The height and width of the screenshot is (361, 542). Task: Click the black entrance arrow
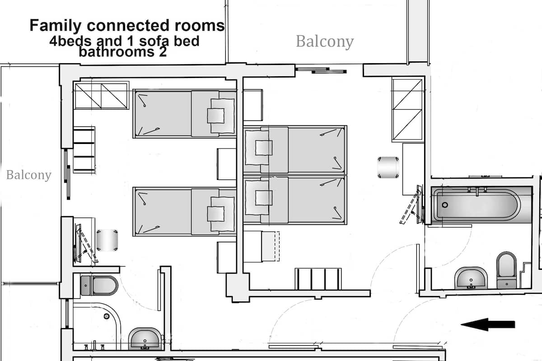pyautogui.click(x=487, y=324)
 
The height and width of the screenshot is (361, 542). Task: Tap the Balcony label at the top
pyautogui.click(x=325, y=42)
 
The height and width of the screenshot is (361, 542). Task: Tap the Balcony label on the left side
pyautogui.click(x=29, y=175)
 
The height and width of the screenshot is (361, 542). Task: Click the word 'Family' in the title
pyautogui.click(x=56, y=25)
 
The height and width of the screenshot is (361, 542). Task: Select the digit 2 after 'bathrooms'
pyautogui.click(x=163, y=52)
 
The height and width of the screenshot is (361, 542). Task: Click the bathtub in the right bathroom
pyautogui.click(x=481, y=205)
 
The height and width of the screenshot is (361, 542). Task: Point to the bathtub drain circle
pyautogui.click(x=445, y=205)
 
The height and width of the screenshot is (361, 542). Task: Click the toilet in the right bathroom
pyautogui.click(x=506, y=270)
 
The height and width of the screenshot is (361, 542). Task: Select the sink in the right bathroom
pyautogui.click(x=471, y=278)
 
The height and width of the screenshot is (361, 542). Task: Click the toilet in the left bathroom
pyautogui.click(x=99, y=286)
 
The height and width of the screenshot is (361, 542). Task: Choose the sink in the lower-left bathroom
pyautogui.click(x=145, y=339)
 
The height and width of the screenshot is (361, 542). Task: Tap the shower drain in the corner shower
pyautogui.click(x=107, y=316)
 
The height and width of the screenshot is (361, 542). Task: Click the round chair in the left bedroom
pyautogui.click(x=107, y=241)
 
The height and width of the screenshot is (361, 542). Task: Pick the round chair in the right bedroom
pyautogui.click(x=388, y=167)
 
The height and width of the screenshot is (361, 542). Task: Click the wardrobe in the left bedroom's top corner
pyautogui.click(x=101, y=96)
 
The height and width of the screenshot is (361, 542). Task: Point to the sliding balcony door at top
pyautogui.click(x=321, y=70)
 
